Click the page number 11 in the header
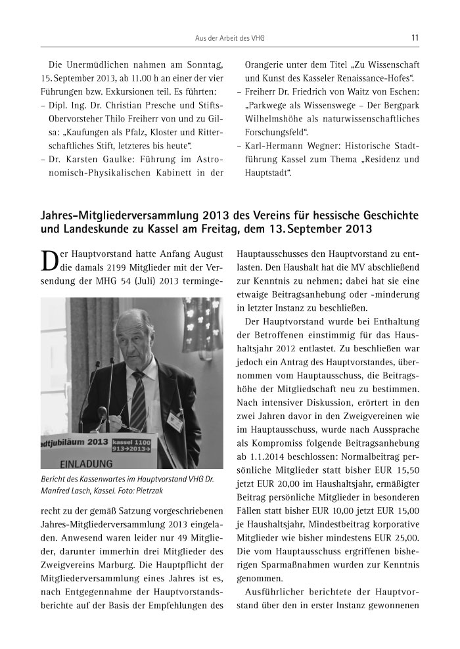coord(415,38)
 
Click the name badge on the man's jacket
coord(175,419)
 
